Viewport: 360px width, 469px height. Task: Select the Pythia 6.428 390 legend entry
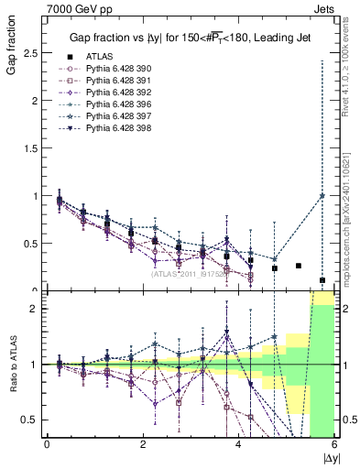click(x=112, y=70)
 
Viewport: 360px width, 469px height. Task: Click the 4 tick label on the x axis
click(x=238, y=445)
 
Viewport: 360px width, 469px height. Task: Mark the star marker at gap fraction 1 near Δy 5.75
click(x=322, y=195)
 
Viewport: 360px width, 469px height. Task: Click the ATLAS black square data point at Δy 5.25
click(x=299, y=266)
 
